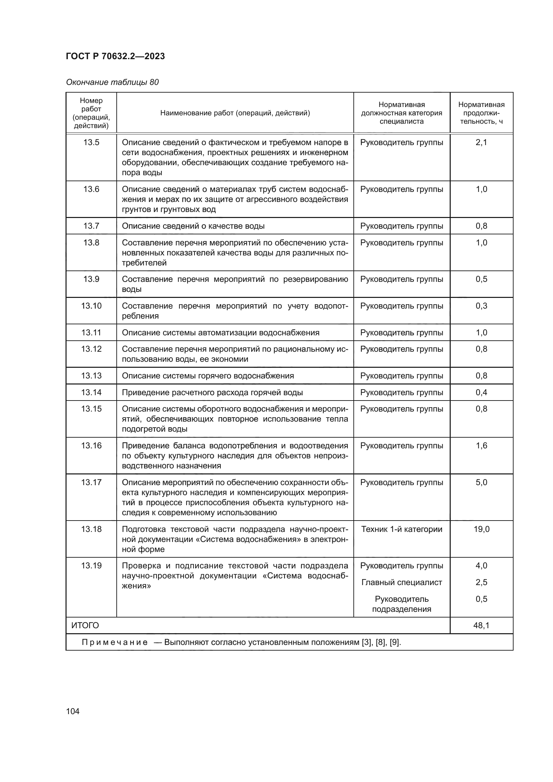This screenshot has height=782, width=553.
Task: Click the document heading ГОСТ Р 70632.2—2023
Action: pos(115,56)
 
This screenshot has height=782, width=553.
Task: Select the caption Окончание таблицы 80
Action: pos(112,82)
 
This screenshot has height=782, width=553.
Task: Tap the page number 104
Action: pos(73,711)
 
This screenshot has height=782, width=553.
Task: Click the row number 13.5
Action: pos(91,142)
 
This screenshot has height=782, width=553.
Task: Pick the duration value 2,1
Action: pos(481,142)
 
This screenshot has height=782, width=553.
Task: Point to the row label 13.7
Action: pos(91,226)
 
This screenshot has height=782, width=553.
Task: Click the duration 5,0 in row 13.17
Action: pos(481,482)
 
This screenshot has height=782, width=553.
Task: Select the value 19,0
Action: pos(481,529)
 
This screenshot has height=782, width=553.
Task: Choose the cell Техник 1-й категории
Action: pos(402,529)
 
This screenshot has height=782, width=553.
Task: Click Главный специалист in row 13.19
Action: pos(402,582)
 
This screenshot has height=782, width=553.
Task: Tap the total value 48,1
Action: pos(481,625)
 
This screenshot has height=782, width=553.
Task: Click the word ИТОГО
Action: pos(85,625)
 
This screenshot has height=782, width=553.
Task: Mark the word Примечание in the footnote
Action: pos(115,642)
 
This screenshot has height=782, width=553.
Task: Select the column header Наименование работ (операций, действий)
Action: pos(235,113)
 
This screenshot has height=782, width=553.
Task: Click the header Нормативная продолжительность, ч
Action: pos(481,113)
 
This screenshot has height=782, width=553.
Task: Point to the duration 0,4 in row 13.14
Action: pos(481,393)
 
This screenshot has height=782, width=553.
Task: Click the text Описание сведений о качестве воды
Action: pos(193,226)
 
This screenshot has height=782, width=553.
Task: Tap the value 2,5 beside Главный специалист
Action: pos(481,582)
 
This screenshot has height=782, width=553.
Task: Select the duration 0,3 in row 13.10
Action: pos(481,306)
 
